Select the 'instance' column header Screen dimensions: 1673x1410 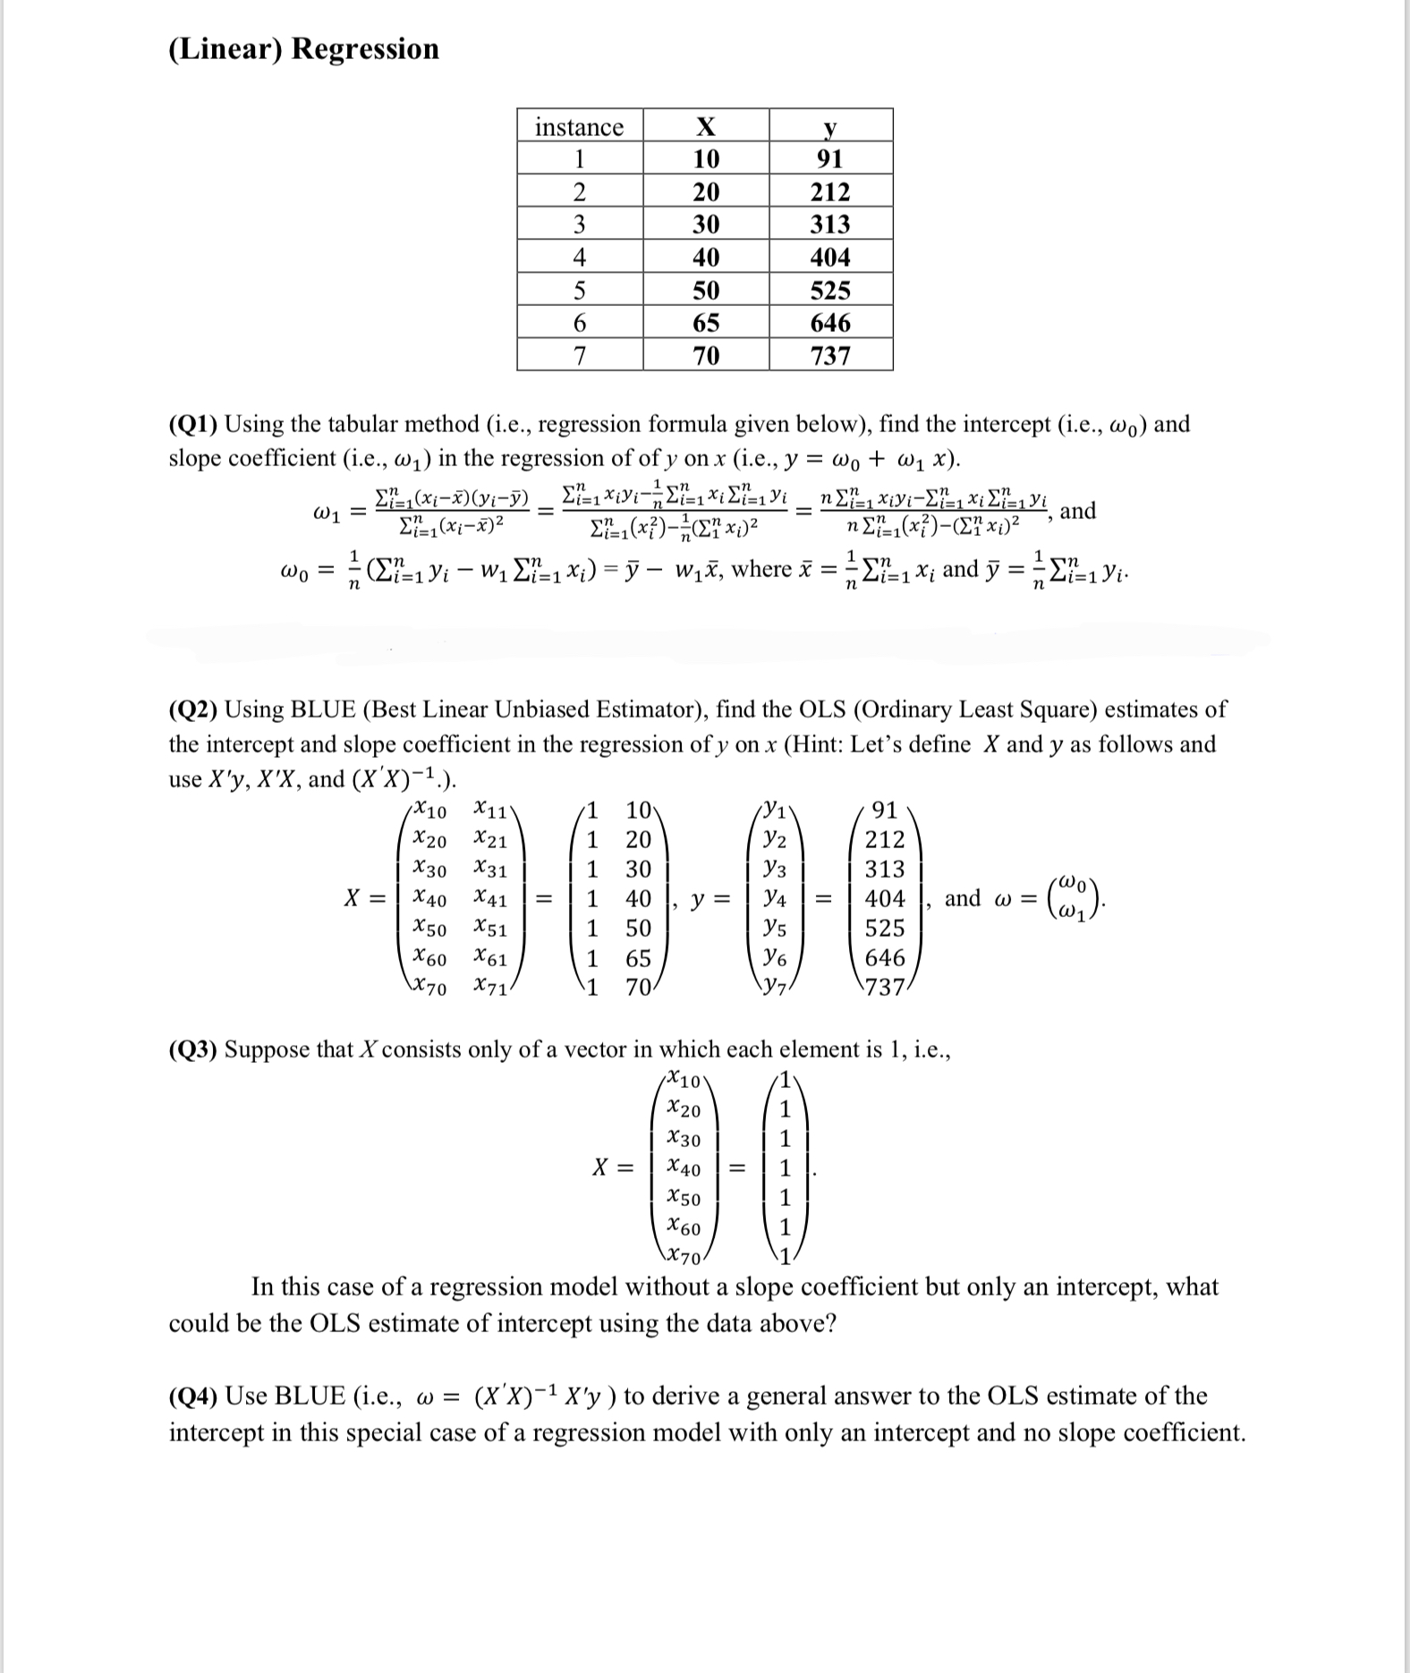pyautogui.click(x=579, y=127)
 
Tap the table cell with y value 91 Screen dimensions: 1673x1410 pyautogui.click(x=830, y=159)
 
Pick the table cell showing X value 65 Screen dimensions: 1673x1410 pyautogui.click(x=706, y=323)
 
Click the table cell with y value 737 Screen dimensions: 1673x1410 pyautogui.click(x=830, y=356)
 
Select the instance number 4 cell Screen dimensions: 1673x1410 pyautogui.click(x=579, y=258)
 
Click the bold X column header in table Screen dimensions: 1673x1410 pyautogui.click(x=706, y=127)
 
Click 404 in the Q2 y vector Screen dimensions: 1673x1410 pyautogui.click(x=885, y=898)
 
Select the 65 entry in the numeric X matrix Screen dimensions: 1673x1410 pyautogui.click(x=638, y=959)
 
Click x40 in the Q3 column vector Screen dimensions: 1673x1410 pyautogui.click(x=684, y=1168)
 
